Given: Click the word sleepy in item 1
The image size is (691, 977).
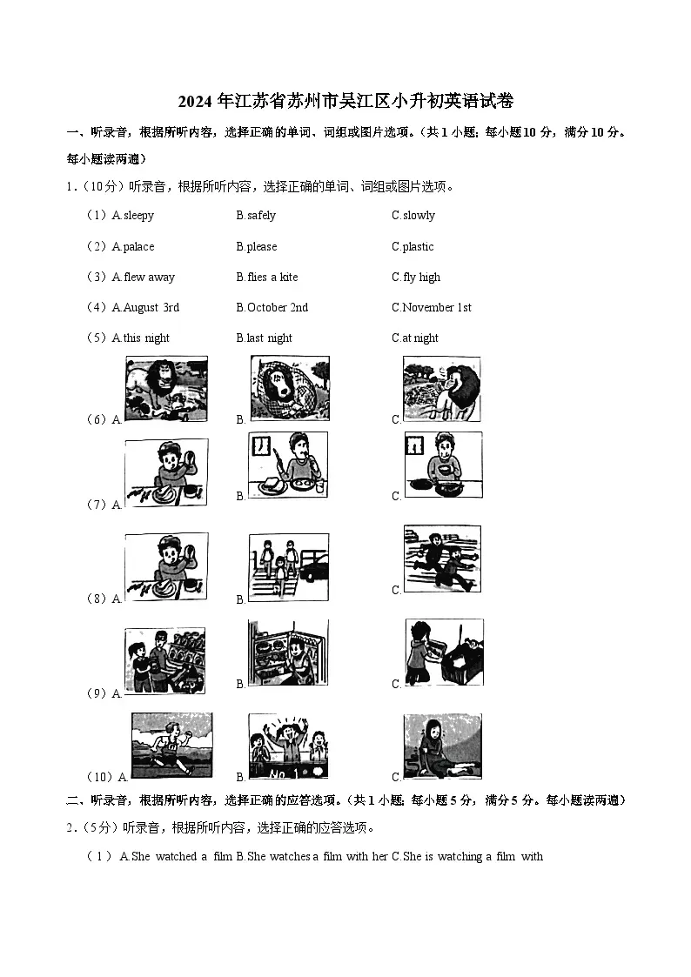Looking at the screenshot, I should coord(138,216).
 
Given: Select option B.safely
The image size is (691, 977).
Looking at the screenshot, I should coord(256,216).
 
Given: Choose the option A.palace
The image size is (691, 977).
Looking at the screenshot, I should coord(133,247).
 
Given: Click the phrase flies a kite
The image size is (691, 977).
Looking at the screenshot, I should coord(272,278).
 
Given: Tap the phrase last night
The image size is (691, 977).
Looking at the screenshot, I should coord(270,338).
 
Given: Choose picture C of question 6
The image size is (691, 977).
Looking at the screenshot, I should coord(442,388).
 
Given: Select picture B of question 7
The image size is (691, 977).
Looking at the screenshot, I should coord(288,465).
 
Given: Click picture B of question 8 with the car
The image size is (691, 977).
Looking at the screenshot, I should coord(288,565).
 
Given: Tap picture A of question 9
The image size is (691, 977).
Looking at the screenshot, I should coord(164,660).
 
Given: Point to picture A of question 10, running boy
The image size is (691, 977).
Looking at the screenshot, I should coord(171,745).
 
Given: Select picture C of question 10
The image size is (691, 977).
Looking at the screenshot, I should coord(442,745).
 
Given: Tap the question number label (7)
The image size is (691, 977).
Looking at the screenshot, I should coord(96,505).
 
